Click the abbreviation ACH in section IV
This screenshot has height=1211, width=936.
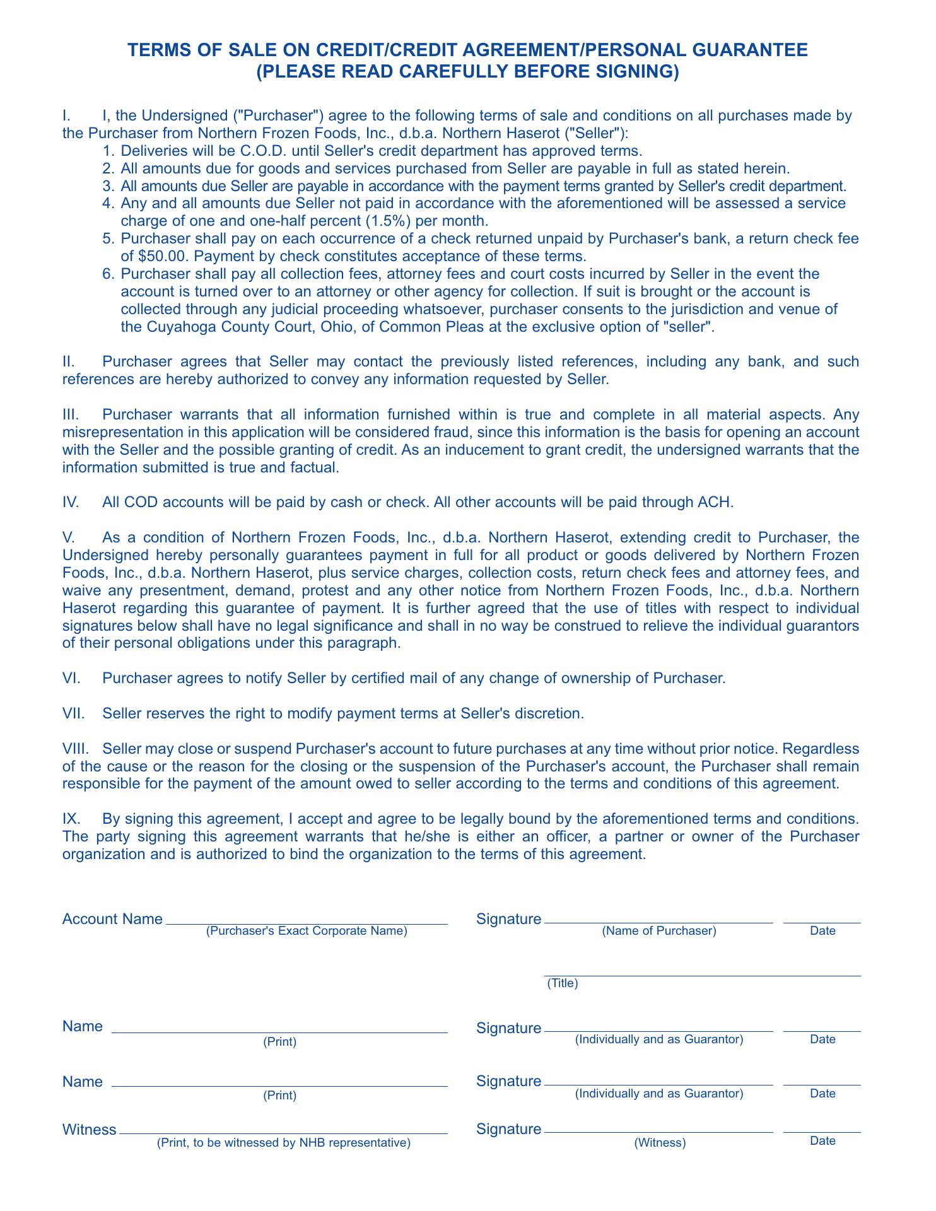718,503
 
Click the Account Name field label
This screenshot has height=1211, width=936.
112,919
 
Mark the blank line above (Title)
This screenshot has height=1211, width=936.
703,976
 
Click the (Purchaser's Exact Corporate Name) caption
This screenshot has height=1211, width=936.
307,931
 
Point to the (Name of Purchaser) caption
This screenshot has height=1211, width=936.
659,931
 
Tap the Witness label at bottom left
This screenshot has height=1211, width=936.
89,1130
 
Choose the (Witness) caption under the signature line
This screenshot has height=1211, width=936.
659,1142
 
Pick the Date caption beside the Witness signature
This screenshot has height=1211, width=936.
822,1141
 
